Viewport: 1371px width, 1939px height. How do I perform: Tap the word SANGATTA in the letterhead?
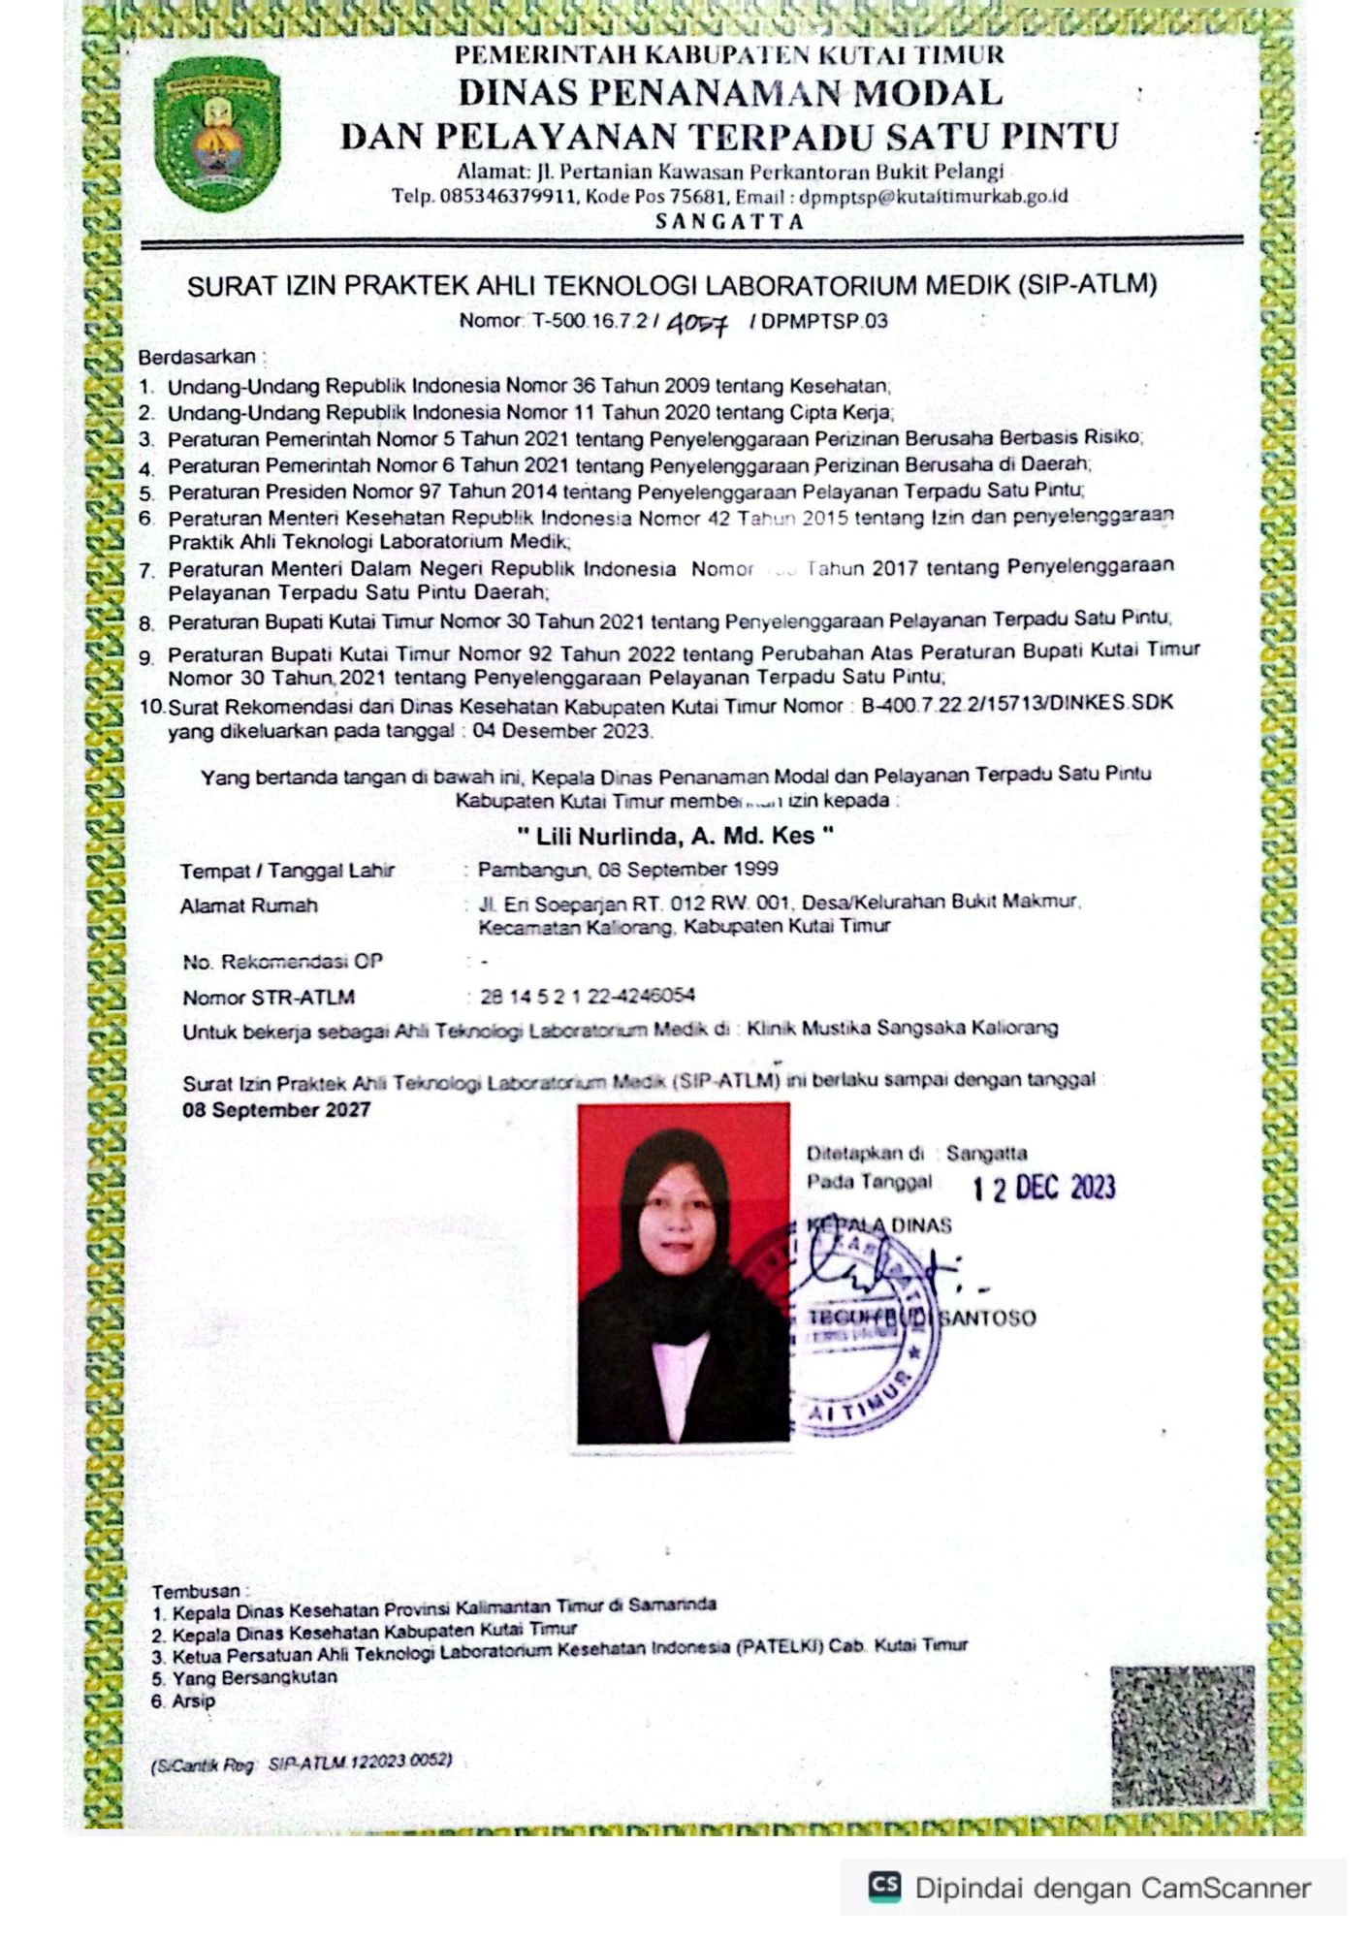click(x=729, y=221)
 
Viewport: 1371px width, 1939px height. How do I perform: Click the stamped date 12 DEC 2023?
click(x=1043, y=1188)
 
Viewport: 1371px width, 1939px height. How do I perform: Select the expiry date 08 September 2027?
click(x=276, y=1110)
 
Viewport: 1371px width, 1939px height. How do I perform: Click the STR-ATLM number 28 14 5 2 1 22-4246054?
click(x=587, y=996)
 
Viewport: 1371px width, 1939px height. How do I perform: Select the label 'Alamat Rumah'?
click(x=248, y=906)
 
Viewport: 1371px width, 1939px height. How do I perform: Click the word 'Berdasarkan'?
click(x=197, y=357)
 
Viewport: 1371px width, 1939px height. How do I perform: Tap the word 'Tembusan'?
click(x=196, y=1591)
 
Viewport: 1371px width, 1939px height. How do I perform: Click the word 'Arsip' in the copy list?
click(x=194, y=1701)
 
